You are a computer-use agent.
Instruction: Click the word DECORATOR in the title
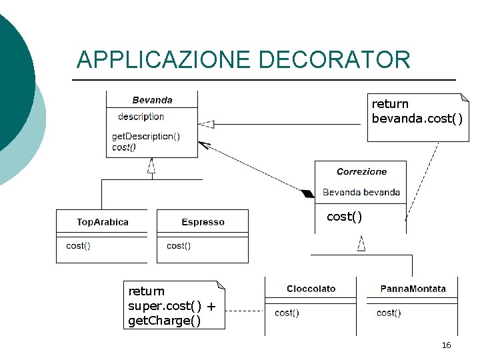[x=334, y=60]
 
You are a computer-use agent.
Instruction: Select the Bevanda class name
[x=152, y=100]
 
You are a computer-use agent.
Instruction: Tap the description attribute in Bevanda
[x=141, y=117]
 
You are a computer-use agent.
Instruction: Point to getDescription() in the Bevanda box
[x=145, y=137]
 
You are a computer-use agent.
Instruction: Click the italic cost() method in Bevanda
[x=124, y=147]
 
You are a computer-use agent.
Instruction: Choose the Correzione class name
[x=361, y=171]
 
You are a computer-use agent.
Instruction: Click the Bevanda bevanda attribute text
[x=361, y=193]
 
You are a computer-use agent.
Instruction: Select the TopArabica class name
[x=103, y=222]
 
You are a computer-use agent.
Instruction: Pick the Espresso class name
[x=203, y=222]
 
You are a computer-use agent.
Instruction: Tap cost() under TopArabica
[x=78, y=246]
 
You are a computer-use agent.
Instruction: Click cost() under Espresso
[x=178, y=246]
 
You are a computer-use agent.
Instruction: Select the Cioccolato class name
[x=311, y=289]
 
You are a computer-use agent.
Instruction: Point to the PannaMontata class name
[x=413, y=289]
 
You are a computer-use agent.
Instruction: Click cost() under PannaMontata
[x=389, y=313]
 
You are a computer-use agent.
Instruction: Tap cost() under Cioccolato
[x=287, y=313]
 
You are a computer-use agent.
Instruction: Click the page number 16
[x=446, y=345]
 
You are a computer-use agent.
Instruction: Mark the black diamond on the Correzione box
[x=307, y=194]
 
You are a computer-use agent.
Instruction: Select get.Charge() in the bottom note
[x=164, y=321]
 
